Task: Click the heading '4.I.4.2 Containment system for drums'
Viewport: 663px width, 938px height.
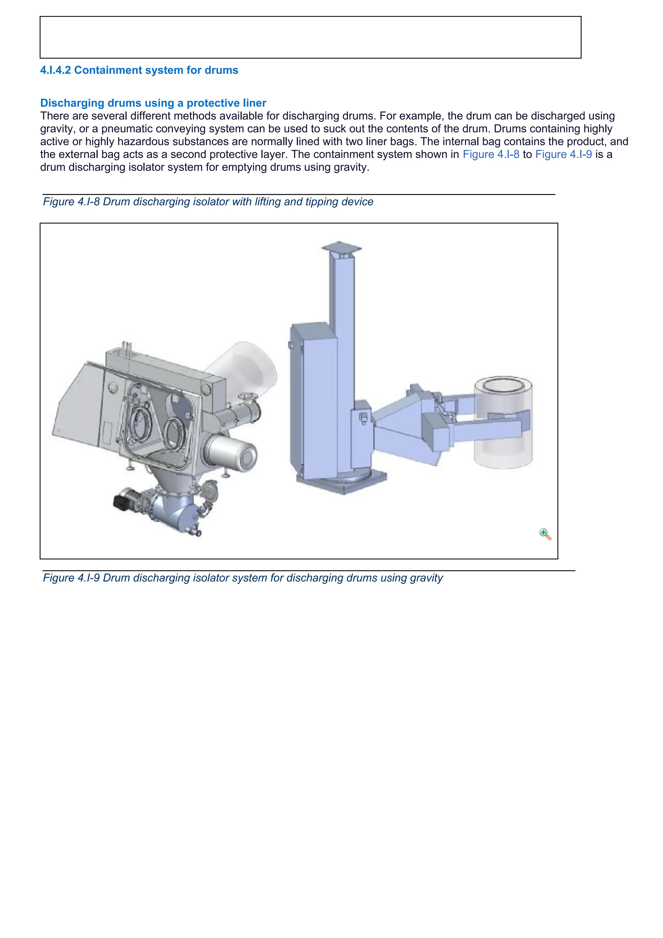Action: (x=139, y=70)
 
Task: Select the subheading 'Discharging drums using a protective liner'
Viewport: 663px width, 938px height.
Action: (x=153, y=103)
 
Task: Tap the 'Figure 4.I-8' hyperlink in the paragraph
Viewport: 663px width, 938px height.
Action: (x=491, y=154)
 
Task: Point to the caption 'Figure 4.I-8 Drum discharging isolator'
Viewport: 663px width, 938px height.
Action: (x=208, y=202)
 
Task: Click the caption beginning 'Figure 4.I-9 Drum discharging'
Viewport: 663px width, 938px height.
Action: (x=242, y=578)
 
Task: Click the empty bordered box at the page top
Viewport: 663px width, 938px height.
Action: (x=310, y=37)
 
